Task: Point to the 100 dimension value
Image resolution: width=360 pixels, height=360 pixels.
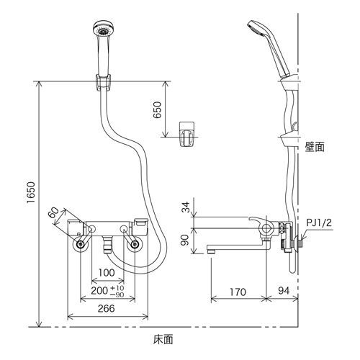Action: point(107,274)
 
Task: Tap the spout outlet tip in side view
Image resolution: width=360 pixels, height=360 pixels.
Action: point(211,249)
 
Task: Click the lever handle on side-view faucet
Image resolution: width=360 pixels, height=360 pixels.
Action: point(258,217)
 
